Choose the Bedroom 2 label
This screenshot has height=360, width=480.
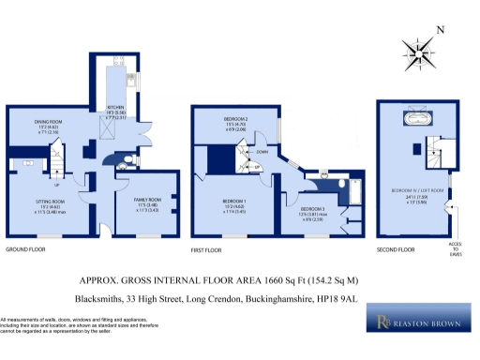234,121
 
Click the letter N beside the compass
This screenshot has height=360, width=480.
441,31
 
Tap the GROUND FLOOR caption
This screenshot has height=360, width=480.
26,250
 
